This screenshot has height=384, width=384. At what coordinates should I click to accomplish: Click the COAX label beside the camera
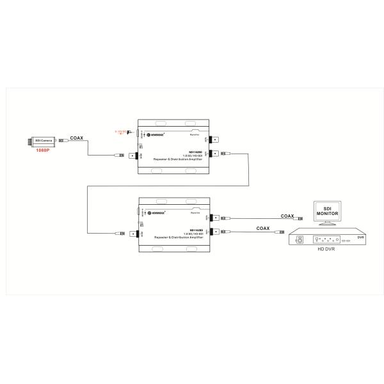click(x=76, y=137)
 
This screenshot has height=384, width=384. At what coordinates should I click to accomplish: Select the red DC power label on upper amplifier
click(x=120, y=132)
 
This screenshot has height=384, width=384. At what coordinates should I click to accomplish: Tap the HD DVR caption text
click(x=326, y=249)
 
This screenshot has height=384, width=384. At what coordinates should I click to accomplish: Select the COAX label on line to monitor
click(x=287, y=216)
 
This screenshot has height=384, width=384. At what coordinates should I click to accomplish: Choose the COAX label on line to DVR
click(x=262, y=228)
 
